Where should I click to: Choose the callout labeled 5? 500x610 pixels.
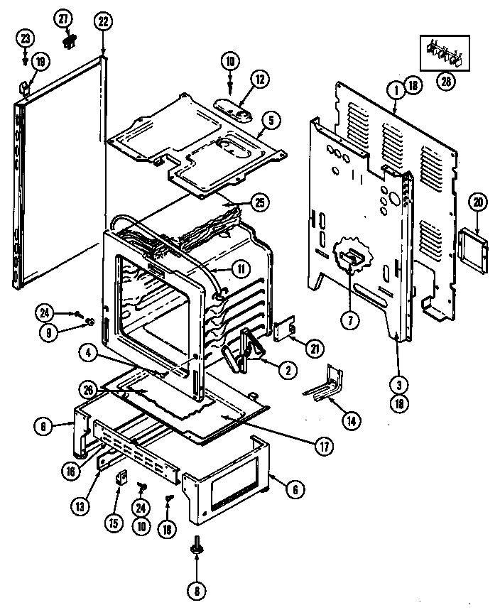click(x=270, y=120)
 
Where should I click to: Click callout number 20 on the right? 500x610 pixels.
click(x=477, y=202)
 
